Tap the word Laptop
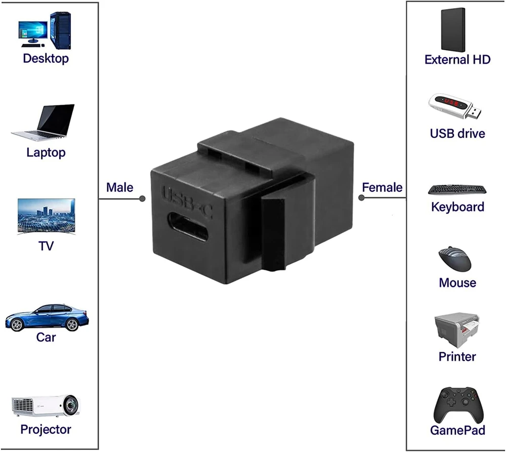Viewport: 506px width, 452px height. [46, 152]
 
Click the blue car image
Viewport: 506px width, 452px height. [47, 317]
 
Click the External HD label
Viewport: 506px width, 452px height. [457, 59]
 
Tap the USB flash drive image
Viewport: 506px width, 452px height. [455, 106]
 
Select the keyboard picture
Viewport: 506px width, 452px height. [457, 190]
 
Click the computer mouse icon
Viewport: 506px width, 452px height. [455, 259]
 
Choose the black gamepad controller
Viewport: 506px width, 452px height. [457, 404]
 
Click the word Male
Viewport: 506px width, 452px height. [119, 187]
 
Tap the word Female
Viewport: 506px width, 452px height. [382, 187]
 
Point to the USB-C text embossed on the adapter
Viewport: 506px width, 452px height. [187, 200]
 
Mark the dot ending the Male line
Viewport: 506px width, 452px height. [142, 199]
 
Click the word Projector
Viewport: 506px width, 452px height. [46, 429]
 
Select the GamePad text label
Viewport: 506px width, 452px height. [457, 430]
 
